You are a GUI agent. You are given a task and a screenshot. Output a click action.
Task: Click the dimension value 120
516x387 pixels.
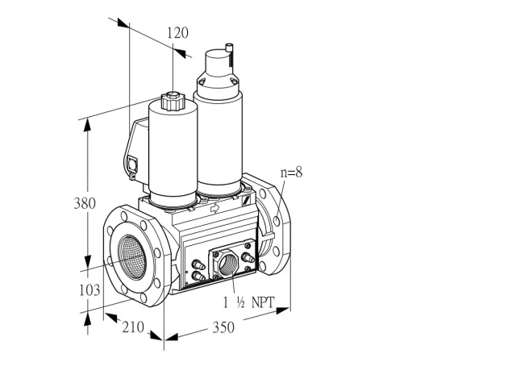177,33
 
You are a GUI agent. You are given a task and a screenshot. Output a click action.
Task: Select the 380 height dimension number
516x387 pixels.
85,203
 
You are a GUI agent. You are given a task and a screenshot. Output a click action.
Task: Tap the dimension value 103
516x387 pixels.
89,290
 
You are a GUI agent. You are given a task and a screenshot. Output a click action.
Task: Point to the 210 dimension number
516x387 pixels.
133,327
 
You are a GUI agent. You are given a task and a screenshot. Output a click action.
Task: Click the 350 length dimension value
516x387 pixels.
223,327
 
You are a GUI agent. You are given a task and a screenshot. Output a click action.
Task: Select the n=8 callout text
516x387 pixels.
291,172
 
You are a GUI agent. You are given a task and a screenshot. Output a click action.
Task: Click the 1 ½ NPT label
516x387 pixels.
248,302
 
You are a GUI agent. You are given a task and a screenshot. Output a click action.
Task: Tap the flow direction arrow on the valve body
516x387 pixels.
214,208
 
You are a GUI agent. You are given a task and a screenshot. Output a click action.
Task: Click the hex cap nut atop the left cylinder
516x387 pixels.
173,101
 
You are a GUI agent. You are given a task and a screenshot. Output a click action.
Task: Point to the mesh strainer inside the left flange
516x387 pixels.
132,257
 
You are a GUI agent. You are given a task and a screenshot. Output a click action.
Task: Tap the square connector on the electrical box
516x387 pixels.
132,164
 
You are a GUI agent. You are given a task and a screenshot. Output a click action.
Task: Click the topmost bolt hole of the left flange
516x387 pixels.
124,216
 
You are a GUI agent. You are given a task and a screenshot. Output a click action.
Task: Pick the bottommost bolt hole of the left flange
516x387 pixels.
144,298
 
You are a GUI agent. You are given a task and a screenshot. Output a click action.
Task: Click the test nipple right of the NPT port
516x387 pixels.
248,257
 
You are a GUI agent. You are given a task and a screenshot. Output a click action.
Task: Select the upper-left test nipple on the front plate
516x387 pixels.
198,264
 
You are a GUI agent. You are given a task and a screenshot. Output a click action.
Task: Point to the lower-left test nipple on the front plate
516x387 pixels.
198,277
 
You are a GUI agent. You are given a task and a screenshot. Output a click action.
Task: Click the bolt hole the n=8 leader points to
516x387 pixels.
277,221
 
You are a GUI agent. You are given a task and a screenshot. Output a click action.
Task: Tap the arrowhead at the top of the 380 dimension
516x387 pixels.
87,125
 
